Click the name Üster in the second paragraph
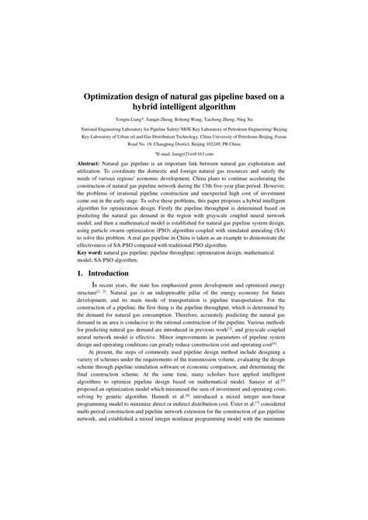pyautogui.click(x=248, y=471)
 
